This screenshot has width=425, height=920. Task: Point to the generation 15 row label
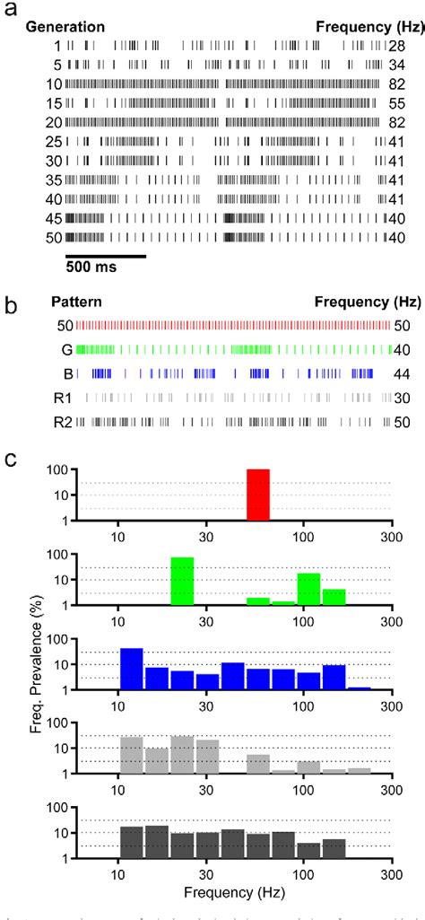pos(55,103)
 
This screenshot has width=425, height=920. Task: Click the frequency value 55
pos(397,103)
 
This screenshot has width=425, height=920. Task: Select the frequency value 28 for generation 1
pos(397,46)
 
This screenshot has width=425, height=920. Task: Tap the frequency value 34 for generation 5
pos(397,65)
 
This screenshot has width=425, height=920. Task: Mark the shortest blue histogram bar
pos(360,688)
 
